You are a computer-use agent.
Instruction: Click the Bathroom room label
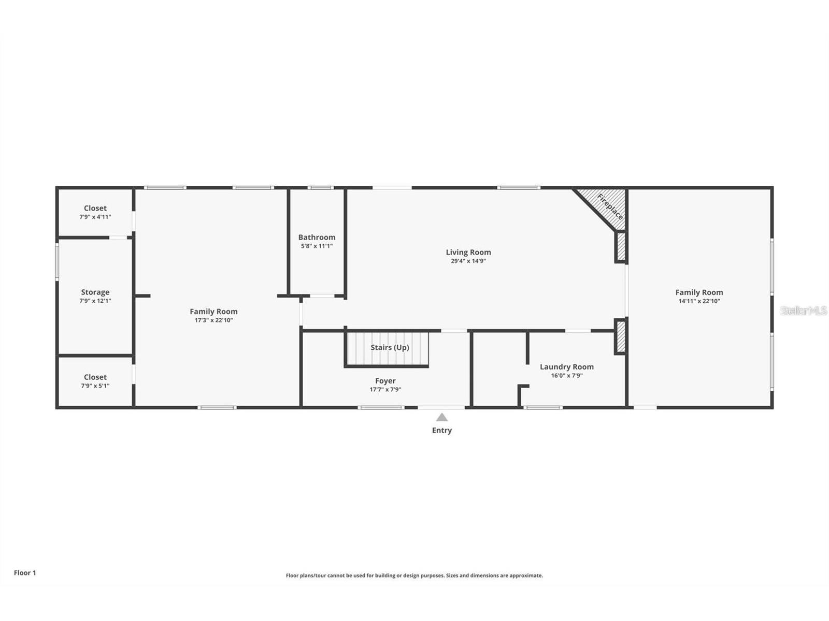(317, 238)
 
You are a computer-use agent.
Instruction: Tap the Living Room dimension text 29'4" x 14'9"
(468, 261)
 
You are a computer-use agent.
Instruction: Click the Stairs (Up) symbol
(388, 349)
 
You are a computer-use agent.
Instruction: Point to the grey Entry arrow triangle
(441, 417)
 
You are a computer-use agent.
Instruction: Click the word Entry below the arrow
(442, 431)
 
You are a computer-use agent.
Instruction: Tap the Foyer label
(385, 381)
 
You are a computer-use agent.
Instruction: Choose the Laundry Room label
(566, 367)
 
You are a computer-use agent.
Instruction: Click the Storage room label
(95, 292)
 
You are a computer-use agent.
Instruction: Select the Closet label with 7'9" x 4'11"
(95, 209)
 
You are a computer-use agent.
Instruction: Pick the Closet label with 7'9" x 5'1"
(95, 377)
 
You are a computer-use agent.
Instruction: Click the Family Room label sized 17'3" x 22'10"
(213, 312)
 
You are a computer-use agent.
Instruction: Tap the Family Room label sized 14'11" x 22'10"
(699, 292)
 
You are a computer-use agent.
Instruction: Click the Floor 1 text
(25, 573)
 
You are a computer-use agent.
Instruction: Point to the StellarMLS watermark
(804, 310)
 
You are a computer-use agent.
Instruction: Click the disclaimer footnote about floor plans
(414, 575)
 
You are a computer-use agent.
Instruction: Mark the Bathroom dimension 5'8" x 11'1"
(317, 246)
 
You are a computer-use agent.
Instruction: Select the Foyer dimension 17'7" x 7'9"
(385, 390)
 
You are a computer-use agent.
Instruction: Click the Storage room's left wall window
(57, 262)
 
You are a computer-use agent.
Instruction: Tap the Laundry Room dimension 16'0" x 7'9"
(566, 376)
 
